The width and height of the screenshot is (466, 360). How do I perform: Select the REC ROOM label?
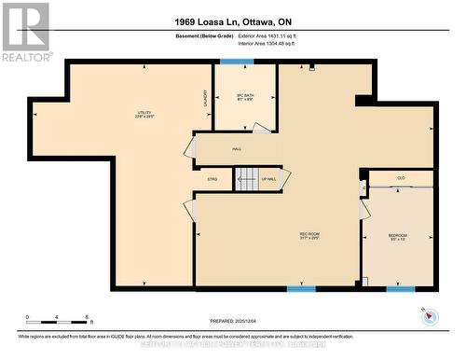pos(310,235)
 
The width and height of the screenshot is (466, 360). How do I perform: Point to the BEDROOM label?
pos(398,237)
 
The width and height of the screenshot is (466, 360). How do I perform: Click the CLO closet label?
pos(401,177)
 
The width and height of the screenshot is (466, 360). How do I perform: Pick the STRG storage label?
pos(213,178)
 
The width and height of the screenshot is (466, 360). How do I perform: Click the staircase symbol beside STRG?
pos(246,178)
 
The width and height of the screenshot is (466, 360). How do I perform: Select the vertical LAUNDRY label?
pos(204,97)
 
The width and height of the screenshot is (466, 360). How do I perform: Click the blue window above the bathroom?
pos(237,62)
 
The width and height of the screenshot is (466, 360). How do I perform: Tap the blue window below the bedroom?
pos(401,289)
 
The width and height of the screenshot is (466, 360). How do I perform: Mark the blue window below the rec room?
pos(301,289)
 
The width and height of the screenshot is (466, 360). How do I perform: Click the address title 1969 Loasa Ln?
pos(232,21)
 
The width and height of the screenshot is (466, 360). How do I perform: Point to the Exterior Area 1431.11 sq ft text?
pos(271,35)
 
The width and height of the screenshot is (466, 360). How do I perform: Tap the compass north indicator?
pos(429,315)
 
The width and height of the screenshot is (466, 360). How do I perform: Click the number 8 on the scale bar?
pos(87,318)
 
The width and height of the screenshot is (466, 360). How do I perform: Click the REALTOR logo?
pos(26,33)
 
